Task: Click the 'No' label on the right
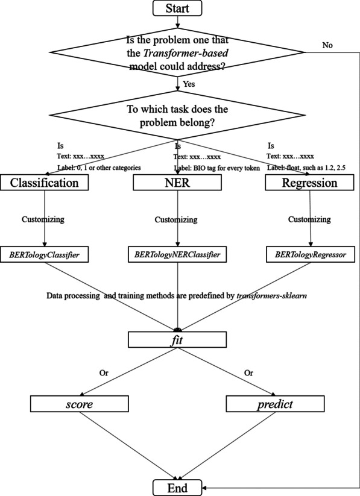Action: [327, 45]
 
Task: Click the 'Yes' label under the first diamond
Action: [189, 84]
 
